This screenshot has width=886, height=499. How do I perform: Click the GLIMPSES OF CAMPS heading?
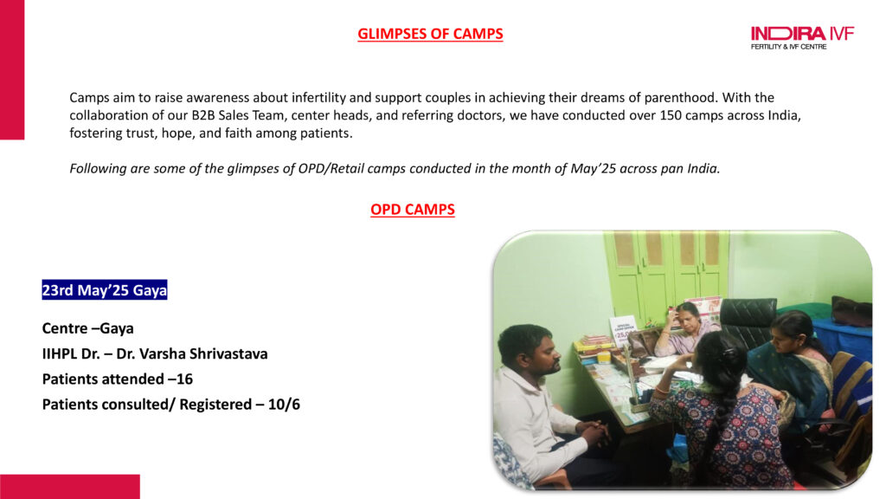point(430,34)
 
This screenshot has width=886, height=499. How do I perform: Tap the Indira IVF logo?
point(802,38)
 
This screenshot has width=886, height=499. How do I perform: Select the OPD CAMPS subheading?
point(413,210)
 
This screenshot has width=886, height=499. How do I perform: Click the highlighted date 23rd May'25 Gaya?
point(105,289)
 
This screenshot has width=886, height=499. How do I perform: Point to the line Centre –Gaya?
point(87,328)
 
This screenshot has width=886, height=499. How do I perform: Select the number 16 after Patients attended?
point(185,379)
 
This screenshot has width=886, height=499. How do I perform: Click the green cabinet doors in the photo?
point(667,277)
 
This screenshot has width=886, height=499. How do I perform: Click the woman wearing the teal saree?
point(791,373)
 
